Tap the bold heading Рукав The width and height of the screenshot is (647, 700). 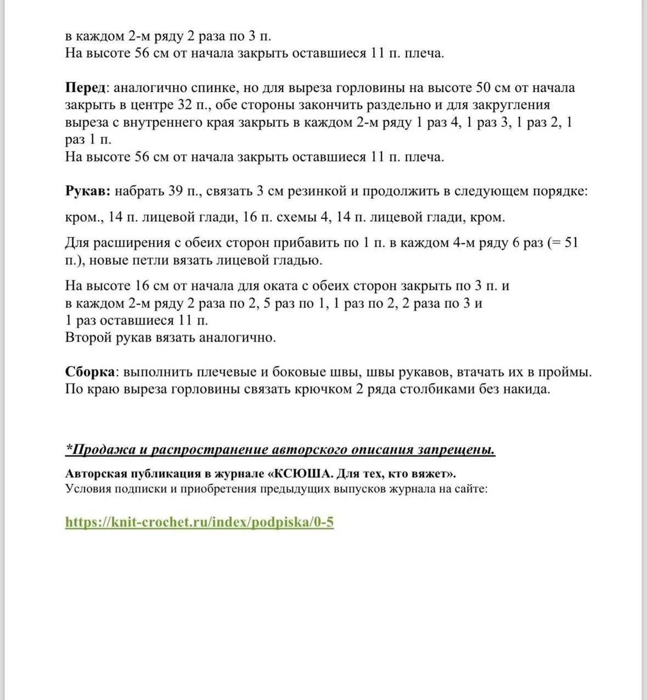[88, 191]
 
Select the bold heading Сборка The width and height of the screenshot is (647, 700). [90, 372]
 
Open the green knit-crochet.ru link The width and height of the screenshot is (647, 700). [199, 522]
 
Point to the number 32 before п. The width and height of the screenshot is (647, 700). [184, 105]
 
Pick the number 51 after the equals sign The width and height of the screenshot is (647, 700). [571, 243]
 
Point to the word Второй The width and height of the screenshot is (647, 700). [88, 337]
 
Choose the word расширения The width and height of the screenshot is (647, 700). [126, 243]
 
